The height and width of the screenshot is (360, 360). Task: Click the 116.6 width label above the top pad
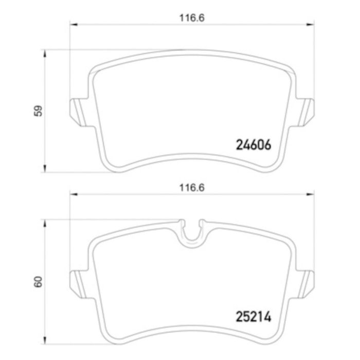(x=192, y=18)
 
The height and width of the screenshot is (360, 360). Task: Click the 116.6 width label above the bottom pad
(x=192, y=188)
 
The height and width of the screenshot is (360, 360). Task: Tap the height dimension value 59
(x=38, y=111)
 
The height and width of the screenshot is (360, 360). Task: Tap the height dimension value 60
(x=38, y=282)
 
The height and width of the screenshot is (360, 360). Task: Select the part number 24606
(x=254, y=145)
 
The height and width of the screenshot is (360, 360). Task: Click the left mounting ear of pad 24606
(x=79, y=113)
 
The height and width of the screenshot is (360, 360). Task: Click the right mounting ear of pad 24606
(x=305, y=113)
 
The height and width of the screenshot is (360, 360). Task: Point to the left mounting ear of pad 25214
(x=79, y=284)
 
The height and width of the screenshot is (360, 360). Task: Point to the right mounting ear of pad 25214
(x=305, y=284)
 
